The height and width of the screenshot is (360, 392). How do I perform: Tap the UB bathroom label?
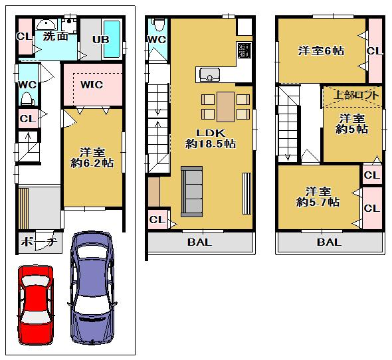[x=101, y=39]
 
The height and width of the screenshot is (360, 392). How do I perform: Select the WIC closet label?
[x=92, y=85]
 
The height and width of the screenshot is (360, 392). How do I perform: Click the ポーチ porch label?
[x=37, y=242]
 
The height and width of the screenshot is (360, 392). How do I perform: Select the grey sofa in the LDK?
[x=191, y=191]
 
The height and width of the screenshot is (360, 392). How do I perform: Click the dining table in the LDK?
[x=225, y=106]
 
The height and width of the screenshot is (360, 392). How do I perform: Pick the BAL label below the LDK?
[x=199, y=242]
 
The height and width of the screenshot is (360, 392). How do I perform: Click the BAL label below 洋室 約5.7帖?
[x=329, y=242]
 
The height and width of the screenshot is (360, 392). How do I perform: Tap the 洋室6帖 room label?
[x=321, y=50]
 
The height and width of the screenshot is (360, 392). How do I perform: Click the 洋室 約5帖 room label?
[x=351, y=124]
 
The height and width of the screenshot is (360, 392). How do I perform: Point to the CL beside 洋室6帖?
[x=373, y=50]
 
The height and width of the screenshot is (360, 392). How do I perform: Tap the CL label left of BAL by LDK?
[x=157, y=220]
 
